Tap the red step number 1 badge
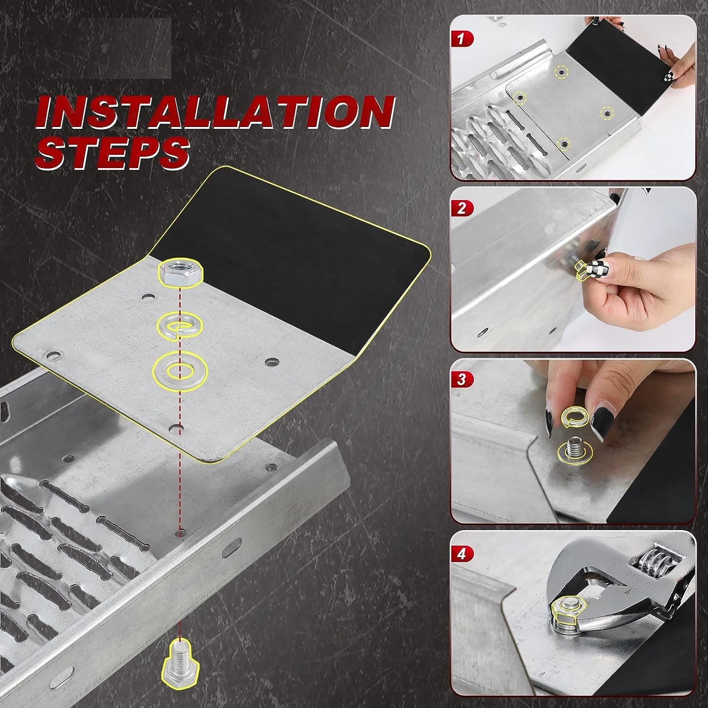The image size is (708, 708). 461,39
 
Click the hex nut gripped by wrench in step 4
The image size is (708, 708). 564,608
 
